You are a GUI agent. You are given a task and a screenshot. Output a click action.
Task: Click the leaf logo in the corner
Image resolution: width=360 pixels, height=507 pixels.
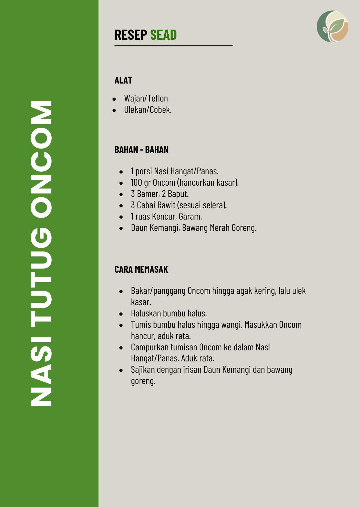[x=332, y=27]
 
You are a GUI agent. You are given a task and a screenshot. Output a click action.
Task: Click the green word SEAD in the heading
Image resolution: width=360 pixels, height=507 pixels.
[x=163, y=35]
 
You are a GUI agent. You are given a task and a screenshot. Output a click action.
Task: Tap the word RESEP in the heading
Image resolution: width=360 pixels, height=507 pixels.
[x=131, y=35]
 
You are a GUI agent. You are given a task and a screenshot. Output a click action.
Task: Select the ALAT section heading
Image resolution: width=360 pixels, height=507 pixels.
[x=123, y=80]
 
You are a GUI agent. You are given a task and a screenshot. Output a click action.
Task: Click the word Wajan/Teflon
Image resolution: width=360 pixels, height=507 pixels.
[x=146, y=99]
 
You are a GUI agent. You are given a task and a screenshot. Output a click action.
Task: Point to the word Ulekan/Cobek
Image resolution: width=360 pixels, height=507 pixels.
[x=148, y=110]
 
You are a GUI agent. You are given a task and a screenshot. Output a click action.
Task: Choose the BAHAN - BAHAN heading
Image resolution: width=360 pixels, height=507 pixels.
[x=141, y=150]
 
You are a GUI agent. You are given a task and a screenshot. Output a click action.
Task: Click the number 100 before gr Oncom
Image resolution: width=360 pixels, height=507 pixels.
[x=136, y=183]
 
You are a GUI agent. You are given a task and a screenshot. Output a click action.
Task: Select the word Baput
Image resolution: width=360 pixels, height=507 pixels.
[x=178, y=194]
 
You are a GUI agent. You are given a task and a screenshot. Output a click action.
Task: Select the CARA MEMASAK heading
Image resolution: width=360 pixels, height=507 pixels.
[x=141, y=269]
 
